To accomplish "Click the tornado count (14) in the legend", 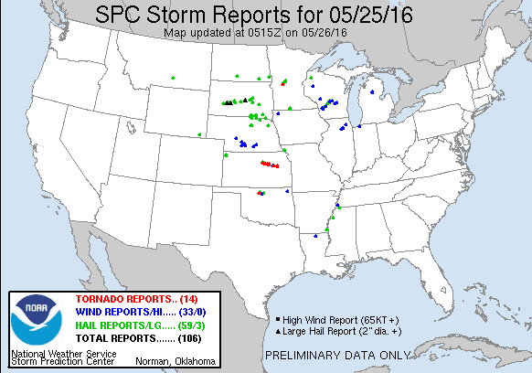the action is click(198, 300).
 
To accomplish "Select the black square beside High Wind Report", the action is click(277, 318).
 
